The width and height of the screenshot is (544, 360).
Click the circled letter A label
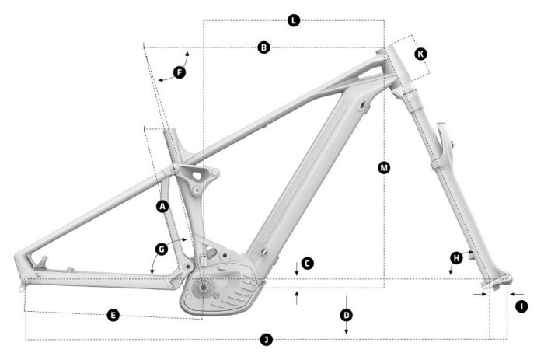pyautogui.click(x=162, y=206)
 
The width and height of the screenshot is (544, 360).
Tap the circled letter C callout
pyautogui.click(x=307, y=264)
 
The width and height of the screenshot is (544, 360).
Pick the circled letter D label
pyautogui.click(x=346, y=315)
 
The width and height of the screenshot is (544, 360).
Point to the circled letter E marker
pyautogui.click(x=113, y=315)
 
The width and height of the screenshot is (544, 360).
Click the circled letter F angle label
pyautogui.click(x=179, y=72)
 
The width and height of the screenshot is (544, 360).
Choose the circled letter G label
pyautogui.click(x=161, y=249)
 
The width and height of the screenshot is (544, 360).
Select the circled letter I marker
pyautogui.click(x=521, y=306)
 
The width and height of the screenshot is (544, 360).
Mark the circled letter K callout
pyautogui.click(x=420, y=54)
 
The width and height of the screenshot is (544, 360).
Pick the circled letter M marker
pyautogui.click(x=383, y=167)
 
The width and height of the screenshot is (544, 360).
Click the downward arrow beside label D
pyautogui.click(x=346, y=330)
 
